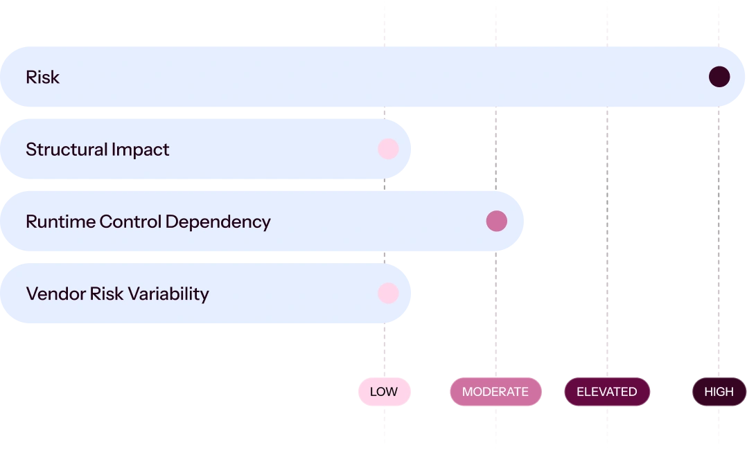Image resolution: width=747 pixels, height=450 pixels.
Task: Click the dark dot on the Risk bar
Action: (x=719, y=77)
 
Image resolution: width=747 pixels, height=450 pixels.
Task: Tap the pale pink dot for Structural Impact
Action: (x=388, y=149)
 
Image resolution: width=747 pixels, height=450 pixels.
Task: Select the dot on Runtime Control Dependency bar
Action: (x=496, y=222)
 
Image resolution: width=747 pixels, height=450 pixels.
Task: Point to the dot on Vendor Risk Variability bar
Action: (x=388, y=294)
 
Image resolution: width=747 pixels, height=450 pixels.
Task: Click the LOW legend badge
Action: (x=385, y=391)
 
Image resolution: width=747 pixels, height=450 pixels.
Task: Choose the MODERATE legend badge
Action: (x=495, y=391)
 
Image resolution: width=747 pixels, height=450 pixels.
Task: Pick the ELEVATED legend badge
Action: (x=607, y=391)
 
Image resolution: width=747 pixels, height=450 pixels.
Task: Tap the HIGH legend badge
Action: (x=719, y=391)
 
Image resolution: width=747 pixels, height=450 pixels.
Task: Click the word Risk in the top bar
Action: (x=43, y=77)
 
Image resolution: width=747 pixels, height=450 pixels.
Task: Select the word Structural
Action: (x=67, y=150)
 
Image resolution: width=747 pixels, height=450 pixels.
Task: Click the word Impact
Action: (x=140, y=150)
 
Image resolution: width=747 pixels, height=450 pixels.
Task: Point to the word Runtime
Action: (x=60, y=222)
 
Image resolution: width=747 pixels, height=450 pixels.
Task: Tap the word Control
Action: (x=130, y=222)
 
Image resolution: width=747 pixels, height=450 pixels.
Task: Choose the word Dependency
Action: (x=218, y=222)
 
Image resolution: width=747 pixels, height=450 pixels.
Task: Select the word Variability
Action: (x=168, y=294)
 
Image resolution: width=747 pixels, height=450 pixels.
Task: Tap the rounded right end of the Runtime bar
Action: (x=522, y=222)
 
